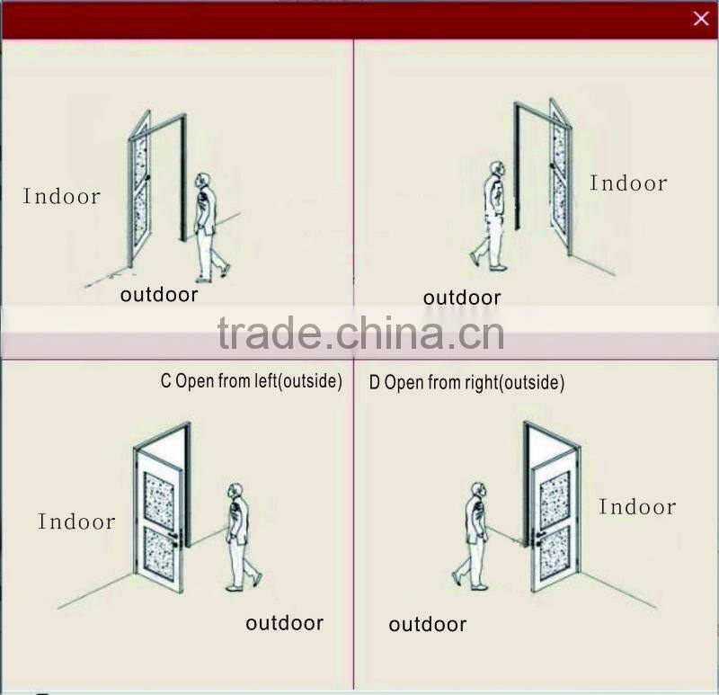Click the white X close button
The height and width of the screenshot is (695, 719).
coord(701,19)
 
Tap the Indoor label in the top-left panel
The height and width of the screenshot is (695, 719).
coord(61,197)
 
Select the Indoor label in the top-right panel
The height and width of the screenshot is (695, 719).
coord(628,183)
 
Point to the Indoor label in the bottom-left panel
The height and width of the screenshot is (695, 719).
coord(76,521)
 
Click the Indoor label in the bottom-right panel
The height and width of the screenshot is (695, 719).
coord(637,507)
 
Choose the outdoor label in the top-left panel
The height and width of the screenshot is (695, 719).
coord(159,295)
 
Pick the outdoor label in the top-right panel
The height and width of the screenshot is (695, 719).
coord(462,298)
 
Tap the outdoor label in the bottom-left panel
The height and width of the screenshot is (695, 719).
coord(284,622)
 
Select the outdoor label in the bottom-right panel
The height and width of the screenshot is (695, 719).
coord(427,624)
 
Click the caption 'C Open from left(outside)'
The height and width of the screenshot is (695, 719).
coord(252,381)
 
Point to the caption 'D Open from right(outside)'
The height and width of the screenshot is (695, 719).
coord(466,383)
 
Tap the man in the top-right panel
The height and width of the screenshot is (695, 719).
coord(493,217)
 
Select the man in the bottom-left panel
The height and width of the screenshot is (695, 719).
coord(240,537)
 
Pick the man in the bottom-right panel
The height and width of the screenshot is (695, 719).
coord(474,536)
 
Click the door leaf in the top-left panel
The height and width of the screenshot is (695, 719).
coord(139,189)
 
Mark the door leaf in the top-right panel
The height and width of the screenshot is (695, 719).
coord(560,177)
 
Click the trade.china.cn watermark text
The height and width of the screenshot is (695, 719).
coord(360,334)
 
